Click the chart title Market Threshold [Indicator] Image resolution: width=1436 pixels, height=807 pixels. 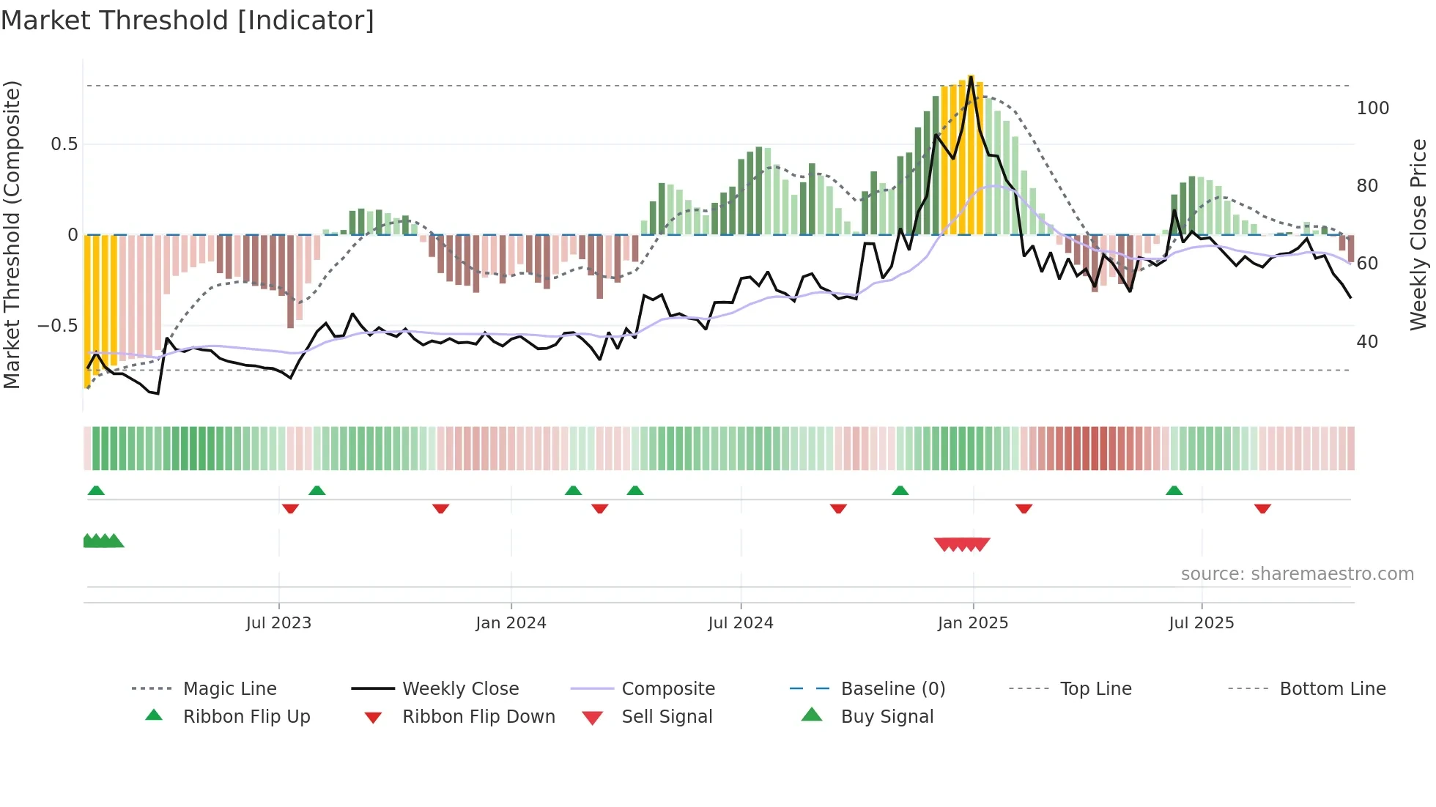point(188,21)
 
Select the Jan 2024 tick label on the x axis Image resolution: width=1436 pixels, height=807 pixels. point(511,623)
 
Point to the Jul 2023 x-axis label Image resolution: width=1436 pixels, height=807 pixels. point(278,623)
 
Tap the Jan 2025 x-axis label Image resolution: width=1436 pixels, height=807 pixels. point(973,623)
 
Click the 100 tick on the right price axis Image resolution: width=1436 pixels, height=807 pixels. point(1372,108)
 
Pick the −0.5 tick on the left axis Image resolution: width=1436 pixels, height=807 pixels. point(57,326)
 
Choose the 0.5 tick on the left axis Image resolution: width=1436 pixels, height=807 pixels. point(64,144)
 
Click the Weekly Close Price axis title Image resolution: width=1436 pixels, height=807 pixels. point(1418,234)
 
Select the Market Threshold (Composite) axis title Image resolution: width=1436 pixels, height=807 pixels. point(12,234)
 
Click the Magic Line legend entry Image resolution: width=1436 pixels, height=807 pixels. point(229,689)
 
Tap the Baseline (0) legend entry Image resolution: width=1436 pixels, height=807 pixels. point(892,689)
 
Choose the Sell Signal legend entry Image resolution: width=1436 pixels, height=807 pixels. point(666,717)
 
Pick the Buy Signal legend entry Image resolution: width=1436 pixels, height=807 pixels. point(887,717)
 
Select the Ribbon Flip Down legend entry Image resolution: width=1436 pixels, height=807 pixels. point(478,717)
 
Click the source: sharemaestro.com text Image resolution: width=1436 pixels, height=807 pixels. point(1297,574)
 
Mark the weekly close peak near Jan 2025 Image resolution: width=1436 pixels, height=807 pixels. point(971,77)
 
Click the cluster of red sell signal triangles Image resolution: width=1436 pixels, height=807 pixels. point(962,544)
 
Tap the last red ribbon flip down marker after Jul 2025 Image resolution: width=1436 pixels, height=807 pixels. point(1262,508)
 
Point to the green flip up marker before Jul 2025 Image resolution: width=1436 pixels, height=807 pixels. point(1174,491)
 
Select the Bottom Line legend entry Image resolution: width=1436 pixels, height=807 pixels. point(1332,689)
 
